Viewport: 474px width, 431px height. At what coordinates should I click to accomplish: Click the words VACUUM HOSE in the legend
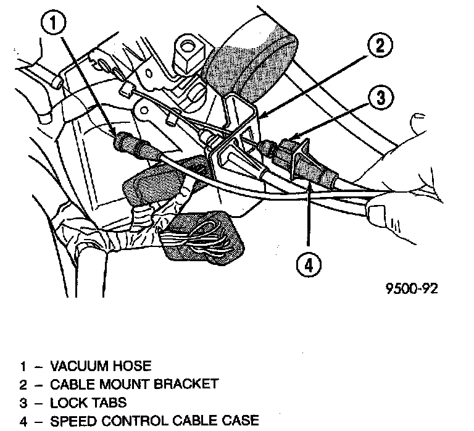point(100,366)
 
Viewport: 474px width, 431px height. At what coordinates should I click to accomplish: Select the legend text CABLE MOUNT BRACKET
point(133,384)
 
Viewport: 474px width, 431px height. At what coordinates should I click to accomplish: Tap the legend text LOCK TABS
point(88,403)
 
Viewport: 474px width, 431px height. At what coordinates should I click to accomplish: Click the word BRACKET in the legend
point(188,384)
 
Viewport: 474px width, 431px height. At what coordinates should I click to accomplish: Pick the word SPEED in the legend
point(68,422)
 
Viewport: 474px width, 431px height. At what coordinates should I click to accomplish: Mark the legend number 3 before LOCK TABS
point(23,403)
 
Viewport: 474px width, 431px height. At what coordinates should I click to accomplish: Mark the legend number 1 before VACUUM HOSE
point(23,366)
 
